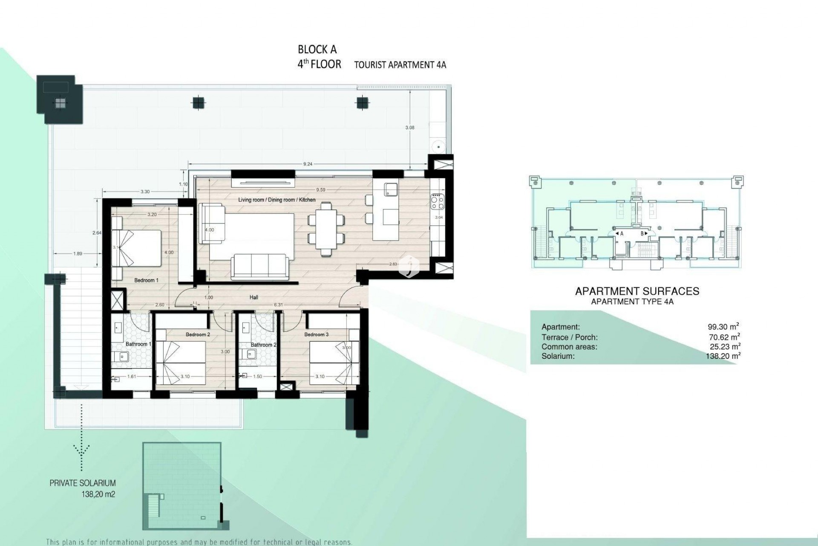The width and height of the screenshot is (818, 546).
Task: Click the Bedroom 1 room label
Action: [x=146, y=280]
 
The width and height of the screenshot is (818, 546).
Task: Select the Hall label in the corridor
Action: [x=253, y=297]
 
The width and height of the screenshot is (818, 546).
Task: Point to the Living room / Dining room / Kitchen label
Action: [x=277, y=200]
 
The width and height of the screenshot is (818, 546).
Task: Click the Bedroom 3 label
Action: [x=316, y=334]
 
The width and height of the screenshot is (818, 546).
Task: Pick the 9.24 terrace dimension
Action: [x=308, y=164]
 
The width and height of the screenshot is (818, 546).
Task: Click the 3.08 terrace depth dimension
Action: [x=410, y=127]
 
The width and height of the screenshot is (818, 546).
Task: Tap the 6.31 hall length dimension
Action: [x=278, y=305]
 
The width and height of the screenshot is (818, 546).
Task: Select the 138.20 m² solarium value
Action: [x=723, y=356]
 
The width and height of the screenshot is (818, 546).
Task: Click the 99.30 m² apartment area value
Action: [x=723, y=327]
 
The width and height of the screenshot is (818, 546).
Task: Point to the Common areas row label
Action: [x=569, y=347]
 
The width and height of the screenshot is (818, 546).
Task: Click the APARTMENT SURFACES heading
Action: [x=637, y=291]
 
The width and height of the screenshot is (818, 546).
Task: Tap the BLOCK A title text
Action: [x=317, y=49]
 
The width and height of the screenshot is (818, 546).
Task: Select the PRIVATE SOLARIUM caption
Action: [x=83, y=483]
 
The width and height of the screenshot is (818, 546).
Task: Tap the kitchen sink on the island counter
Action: [x=390, y=189]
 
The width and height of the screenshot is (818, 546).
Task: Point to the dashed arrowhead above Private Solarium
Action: [x=81, y=449]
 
